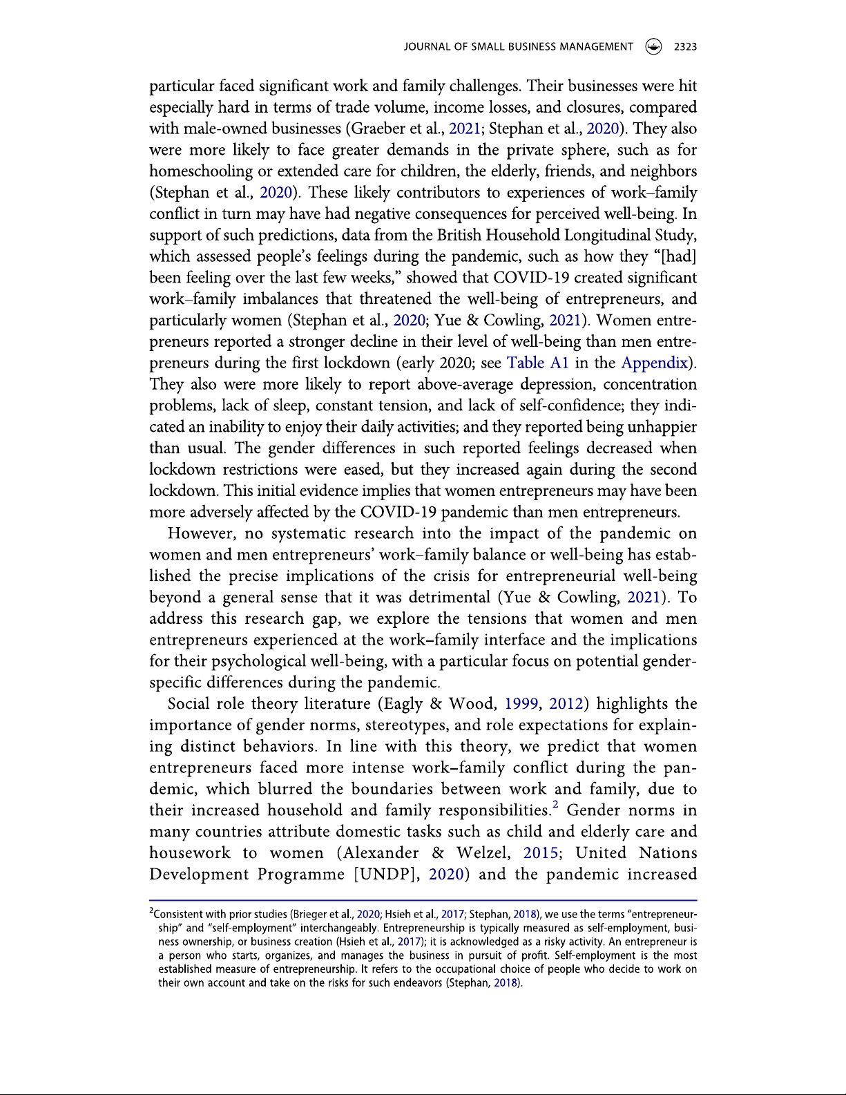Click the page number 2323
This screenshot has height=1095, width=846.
[685, 47]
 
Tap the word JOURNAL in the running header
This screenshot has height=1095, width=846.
[426, 47]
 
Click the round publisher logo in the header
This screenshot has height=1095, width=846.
[653, 47]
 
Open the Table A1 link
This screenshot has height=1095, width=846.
[537, 363]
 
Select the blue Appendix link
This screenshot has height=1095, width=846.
[655, 363]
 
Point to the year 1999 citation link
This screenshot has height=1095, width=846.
[522, 704]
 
